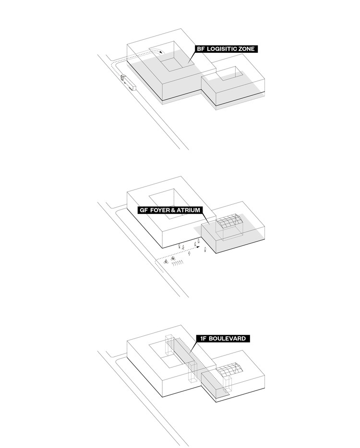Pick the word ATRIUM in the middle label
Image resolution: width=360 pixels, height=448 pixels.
point(189,210)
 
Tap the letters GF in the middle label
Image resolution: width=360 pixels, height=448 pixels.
point(144,210)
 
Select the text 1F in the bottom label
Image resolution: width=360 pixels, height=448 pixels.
point(205,339)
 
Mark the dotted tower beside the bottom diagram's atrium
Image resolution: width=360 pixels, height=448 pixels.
point(227,387)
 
